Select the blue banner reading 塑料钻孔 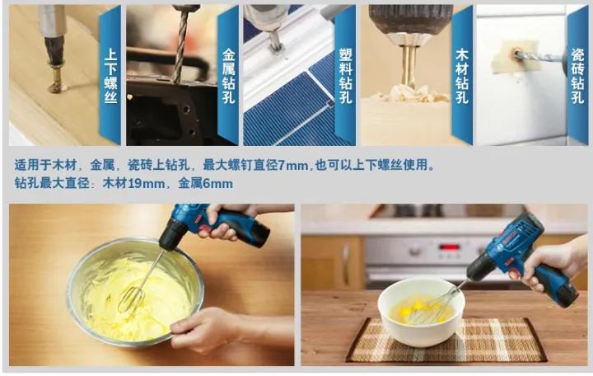click(x=345, y=74)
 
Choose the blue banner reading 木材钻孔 click(x=462, y=74)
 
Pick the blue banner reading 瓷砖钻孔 click(x=577, y=74)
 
